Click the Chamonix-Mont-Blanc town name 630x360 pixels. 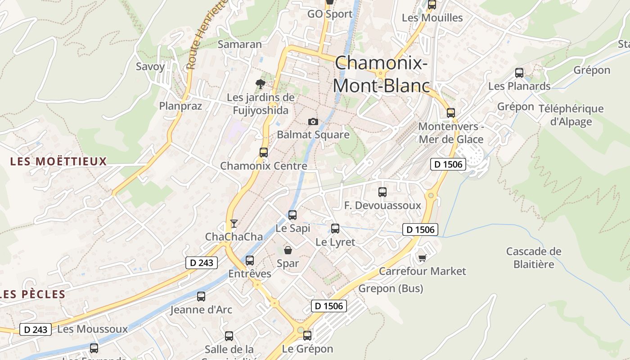pos(381,74)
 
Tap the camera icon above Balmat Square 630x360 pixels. pos(313,122)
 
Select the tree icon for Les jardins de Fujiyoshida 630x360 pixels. pos(260,84)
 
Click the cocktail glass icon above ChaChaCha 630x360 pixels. pos(234,224)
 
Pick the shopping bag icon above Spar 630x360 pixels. pos(288,250)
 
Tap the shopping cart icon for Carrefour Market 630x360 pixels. pos(422,258)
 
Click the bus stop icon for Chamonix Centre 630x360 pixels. pos(264,153)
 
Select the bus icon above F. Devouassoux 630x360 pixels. pos(382,192)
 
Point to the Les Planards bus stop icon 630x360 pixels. pos(519,73)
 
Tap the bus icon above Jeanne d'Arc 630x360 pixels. pos(201,297)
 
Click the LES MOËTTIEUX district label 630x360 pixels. pos(58,161)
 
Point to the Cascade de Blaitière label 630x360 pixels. pos(534,257)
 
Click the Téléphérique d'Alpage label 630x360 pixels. pos(577,115)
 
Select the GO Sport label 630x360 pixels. pos(330,14)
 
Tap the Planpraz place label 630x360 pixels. pos(180,106)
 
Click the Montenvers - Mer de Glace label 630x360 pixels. pos(451,133)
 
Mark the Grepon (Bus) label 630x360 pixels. pos(391,288)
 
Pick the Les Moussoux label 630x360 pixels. pos(93,329)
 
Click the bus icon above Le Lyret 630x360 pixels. pos(335,229)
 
